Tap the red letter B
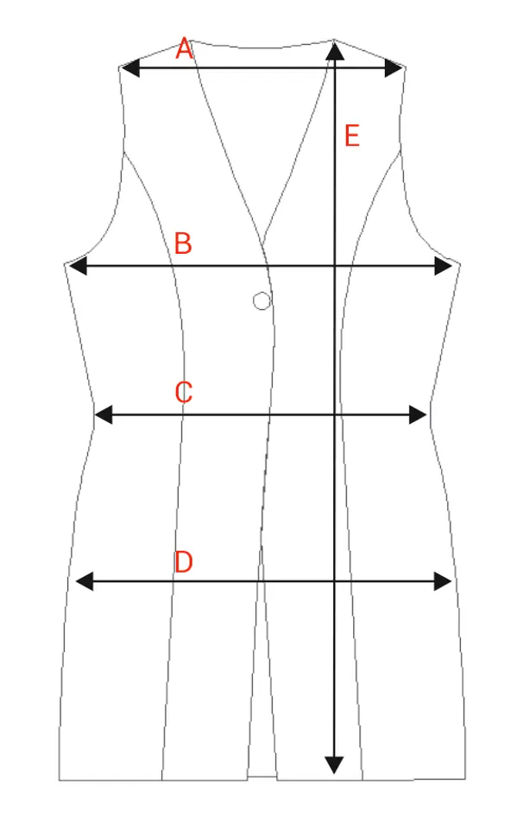(183, 244)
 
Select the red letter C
(184, 392)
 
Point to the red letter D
(184, 561)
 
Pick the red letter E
(352, 136)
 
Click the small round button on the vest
(262, 301)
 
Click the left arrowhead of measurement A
(130, 68)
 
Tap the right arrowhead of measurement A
(394, 68)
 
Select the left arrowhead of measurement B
(78, 266)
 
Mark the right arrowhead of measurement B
(443, 266)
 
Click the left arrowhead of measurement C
(104, 414)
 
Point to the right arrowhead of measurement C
(418, 414)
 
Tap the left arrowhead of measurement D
(85, 581)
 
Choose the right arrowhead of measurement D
(443, 581)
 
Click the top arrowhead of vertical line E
(335, 51)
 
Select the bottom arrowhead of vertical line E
(334, 765)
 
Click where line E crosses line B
(335, 266)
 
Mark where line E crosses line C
(335, 414)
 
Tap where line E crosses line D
(335, 581)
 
